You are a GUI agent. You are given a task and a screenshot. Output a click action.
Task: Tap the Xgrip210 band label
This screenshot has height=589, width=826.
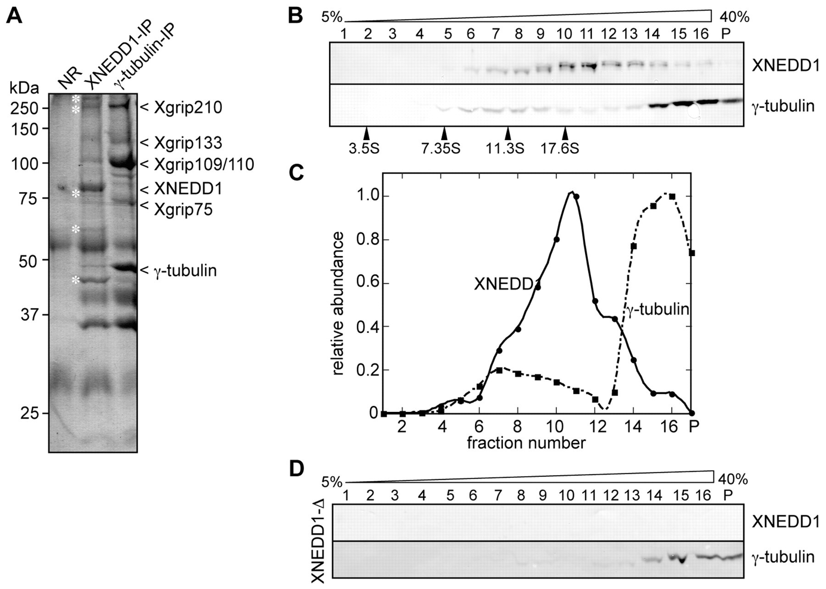[x=188, y=108]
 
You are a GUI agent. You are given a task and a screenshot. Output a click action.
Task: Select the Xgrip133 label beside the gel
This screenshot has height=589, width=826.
[x=188, y=143]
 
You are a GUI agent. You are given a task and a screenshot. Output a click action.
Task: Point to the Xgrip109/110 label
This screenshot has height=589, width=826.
[x=204, y=164]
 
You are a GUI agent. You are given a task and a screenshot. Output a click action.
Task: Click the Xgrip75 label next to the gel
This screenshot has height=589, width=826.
[x=183, y=210]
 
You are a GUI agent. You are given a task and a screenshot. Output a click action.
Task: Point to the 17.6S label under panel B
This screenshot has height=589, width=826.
[x=560, y=149]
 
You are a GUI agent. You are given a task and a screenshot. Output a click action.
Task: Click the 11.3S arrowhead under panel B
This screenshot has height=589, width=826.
[x=508, y=134]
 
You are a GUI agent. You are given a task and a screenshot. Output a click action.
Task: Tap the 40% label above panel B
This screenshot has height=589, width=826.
[x=734, y=17]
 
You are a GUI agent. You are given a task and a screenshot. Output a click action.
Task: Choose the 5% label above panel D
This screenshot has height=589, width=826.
[x=331, y=482]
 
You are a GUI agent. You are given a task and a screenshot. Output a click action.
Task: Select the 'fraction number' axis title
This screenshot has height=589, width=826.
[x=526, y=443]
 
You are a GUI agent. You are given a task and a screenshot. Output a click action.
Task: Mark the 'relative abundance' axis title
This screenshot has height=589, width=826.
[x=338, y=304]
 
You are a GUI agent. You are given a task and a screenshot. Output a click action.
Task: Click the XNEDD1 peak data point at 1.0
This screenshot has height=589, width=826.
[x=576, y=196]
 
